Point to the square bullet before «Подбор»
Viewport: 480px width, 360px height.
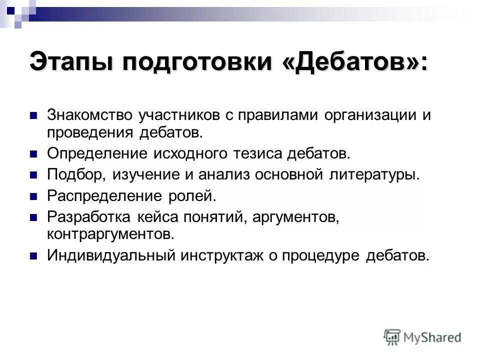coord(34,175)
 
